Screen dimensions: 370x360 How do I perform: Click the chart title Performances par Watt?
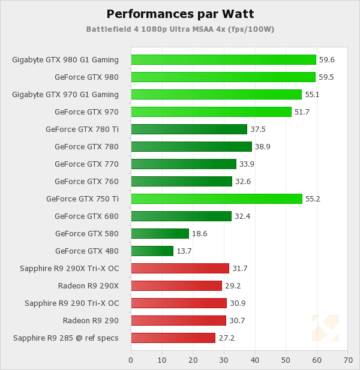[x=179, y=13]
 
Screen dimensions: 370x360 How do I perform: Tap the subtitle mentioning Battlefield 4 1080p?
[x=180, y=29]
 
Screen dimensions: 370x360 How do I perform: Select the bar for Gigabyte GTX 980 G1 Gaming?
[x=223, y=59]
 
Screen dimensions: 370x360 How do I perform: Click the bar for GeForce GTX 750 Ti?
[x=216, y=198]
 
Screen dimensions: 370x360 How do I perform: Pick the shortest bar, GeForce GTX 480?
[x=152, y=251]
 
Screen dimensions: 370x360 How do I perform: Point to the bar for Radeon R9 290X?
[x=176, y=285]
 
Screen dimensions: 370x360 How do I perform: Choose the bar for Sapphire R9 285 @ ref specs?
[x=173, y=338]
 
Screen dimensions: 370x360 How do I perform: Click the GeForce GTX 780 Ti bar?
[x=189, y=129]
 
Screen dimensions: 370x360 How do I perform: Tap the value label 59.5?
[x=326, y=77]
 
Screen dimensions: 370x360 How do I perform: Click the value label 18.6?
[x=200, y=233]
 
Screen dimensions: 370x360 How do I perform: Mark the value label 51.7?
[x=302, y=112]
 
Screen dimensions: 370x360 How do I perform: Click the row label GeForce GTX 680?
[x=86, y=216]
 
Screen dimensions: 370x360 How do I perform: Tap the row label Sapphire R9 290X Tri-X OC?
[x=69, y=268]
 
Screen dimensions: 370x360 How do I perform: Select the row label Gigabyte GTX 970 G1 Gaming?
[x=65, y=94]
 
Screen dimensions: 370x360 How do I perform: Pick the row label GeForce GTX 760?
[x=86, y=181]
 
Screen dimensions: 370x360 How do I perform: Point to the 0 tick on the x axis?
[x=131, y=360]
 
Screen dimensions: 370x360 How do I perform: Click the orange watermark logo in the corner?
[x=325, y=328]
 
